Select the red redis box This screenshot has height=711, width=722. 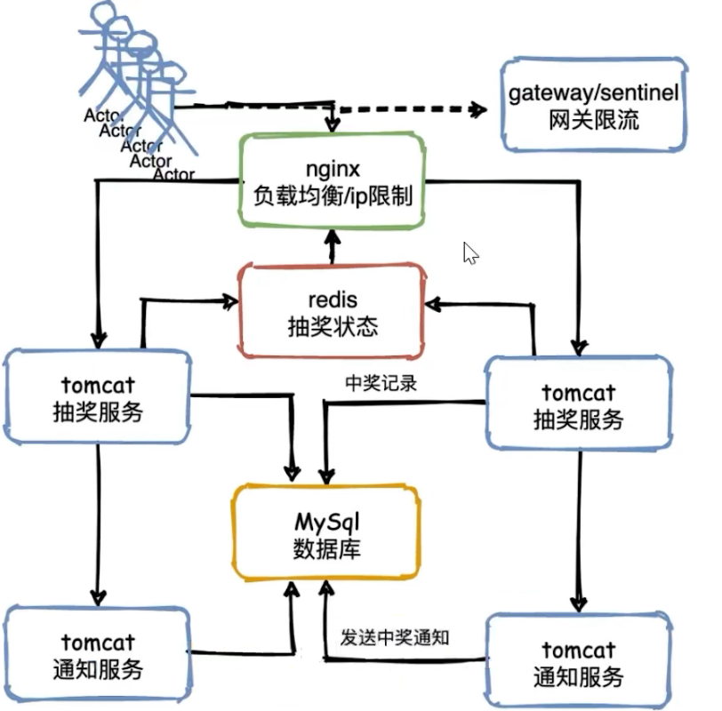coord(332,312)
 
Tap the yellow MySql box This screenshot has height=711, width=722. coord(326,531)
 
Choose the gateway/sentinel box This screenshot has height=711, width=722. coord(594,106)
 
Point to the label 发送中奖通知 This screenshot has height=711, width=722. coord(396,637)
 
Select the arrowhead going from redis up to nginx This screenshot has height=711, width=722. coord(333,237)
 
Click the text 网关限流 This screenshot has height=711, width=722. coord(594,120)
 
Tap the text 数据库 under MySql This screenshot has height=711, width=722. coord(326,547)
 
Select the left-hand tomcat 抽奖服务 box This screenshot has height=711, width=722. coord(97,396)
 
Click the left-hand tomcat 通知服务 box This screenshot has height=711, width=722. coord(97,653)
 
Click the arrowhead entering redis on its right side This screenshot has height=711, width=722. coord(432,304)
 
